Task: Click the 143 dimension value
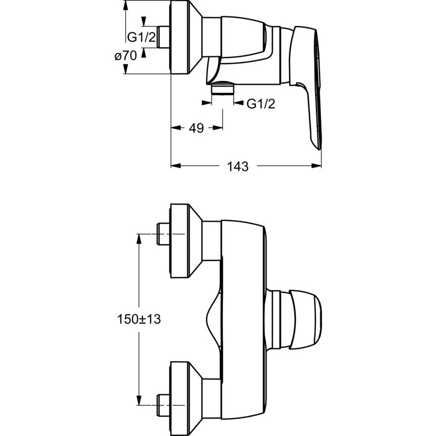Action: [x=237, y=166]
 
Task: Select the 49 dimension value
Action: [x=196, y=128]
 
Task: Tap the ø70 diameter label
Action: [x=126, y=56]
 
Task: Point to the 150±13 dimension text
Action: [x=135, y=319]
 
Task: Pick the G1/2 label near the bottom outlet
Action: [x=261, y=104]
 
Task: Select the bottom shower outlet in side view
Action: [x=223, y=89]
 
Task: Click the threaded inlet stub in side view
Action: [x=164, y=37]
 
